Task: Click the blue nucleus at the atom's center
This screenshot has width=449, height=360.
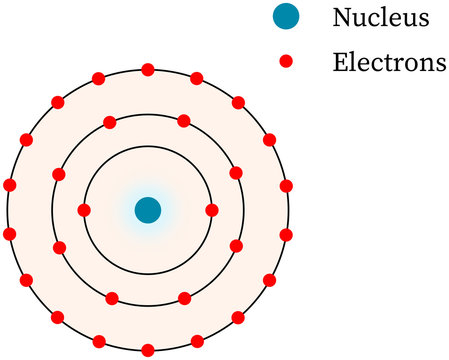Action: pos(148,210)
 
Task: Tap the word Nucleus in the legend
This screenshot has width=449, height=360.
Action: pos(381,18)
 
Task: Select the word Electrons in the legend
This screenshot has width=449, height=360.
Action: pos(389,63)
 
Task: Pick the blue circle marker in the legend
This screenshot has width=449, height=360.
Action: pos(284,18)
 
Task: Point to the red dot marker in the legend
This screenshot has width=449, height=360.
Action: pos(284,62)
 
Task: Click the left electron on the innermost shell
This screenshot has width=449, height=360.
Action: pos(84,210)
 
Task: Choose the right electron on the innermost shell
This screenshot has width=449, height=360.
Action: pos(211,210)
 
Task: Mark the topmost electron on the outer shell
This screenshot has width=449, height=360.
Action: pos(148,70)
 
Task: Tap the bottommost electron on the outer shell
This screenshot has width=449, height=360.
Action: pos(148,350)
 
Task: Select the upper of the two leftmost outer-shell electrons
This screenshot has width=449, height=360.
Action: pos(10,185)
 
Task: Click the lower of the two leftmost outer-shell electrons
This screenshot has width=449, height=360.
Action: pos(10,234)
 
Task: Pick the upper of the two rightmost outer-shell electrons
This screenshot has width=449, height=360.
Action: pos(286,185)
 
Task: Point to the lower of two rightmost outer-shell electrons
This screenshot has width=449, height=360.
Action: pos(286,234)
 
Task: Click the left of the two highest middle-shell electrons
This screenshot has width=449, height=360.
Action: pos(111,122)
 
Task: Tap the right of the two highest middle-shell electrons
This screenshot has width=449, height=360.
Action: pos(184,122)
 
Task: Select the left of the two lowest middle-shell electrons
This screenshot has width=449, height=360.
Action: pos(111,298)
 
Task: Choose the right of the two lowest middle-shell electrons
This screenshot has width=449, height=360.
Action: pos(184,298)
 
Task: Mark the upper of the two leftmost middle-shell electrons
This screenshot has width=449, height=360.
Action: pos(58,173)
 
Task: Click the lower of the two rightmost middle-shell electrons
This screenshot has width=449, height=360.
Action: pos(237,246)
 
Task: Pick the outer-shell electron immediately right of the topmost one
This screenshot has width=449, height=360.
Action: pos(196,77)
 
